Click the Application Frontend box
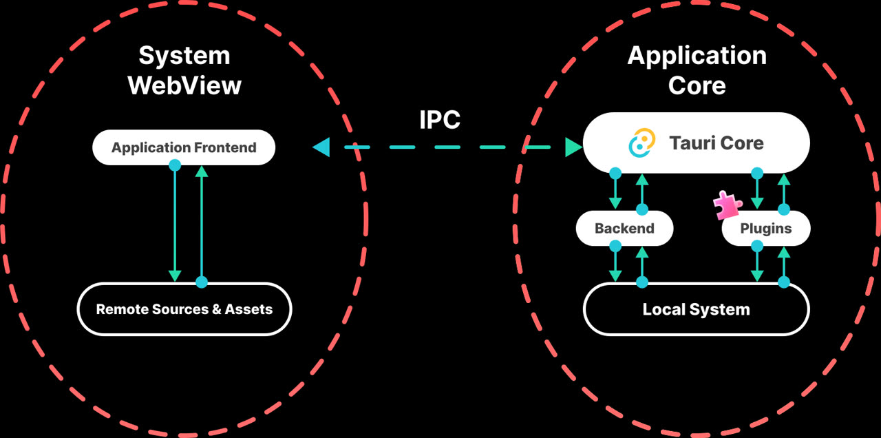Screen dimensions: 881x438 pos(184,147)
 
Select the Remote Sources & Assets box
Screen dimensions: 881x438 pos(184,309)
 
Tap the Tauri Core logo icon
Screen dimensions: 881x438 pos(642,143)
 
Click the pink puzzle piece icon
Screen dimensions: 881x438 pos(728,205)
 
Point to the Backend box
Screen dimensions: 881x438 pos(624,228)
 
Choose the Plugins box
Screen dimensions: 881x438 pos(766,228)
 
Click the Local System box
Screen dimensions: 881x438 pos(696,309)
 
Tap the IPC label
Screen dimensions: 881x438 pos(440,120)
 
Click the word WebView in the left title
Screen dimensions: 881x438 pos(184,85)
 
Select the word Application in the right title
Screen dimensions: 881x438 pos(697,56)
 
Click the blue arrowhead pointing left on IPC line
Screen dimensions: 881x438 pos(321,147)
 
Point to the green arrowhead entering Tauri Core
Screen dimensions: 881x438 pos(573,147)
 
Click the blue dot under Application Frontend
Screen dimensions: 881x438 pos(175,165)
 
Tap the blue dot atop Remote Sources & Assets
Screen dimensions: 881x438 pos(202,282)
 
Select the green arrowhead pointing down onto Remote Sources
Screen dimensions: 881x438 pos(175,276)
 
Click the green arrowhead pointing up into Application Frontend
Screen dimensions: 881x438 pos(202,171)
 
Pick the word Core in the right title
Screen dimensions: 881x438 pos(697,85)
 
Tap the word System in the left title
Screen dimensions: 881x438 pos(184,56)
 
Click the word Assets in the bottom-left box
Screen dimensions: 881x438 pos(248,309)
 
